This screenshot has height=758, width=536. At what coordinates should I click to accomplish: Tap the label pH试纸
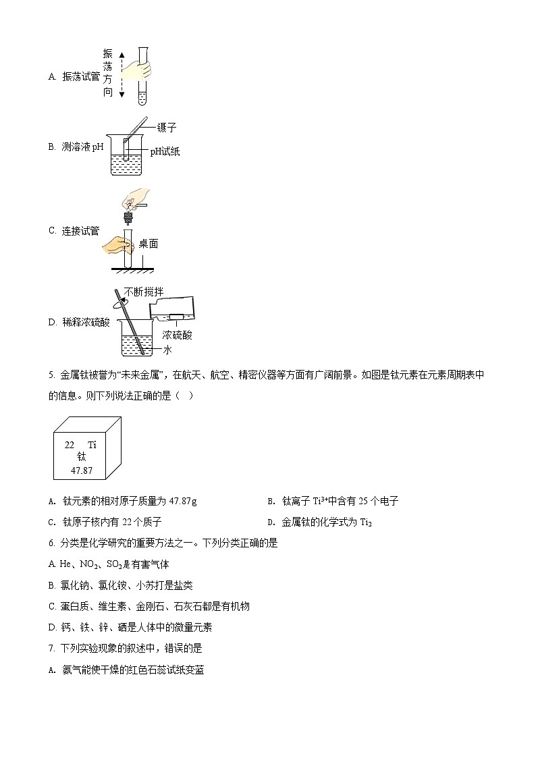[x=165, y=152]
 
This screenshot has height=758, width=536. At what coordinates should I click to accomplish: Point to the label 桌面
[x=149, y=244]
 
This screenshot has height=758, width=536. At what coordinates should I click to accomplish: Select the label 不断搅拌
[x=143, y=292]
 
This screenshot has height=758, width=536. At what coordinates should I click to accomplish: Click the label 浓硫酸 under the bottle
[x=177, y=335]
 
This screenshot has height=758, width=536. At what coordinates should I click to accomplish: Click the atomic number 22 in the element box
[x=70, y=445]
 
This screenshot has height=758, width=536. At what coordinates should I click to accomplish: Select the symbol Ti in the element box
[x=92, y=445]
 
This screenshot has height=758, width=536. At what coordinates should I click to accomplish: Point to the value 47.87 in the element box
[x=81, y=470]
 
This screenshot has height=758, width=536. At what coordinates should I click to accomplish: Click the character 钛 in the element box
[x=81, y=457]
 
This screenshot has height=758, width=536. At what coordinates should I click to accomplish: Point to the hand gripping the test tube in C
[x=116, y=244]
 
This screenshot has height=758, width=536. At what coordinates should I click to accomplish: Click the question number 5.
[x=51, y=375]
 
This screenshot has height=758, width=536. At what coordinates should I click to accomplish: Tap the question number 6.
[x=51, y=543]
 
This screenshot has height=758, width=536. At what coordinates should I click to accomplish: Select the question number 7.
[x=51, y=648]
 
